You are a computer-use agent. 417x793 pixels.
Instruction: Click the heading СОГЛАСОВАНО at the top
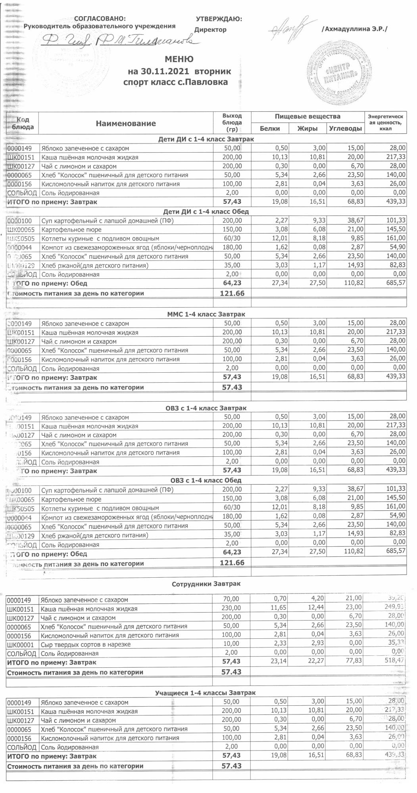[x=100, y=19]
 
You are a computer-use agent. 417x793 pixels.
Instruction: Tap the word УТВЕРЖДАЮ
[x=219, y=19]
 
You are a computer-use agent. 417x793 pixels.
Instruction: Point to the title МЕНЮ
[x=179, y=59]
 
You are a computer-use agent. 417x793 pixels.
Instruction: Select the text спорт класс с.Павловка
[x=176, y=82]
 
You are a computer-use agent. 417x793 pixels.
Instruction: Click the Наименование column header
[x=126, y=124]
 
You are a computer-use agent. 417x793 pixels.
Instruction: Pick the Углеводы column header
[x=346, y=128]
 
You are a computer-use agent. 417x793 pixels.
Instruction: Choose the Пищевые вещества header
[x=308, y=117]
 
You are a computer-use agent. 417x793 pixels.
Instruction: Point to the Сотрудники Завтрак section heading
[x=206, y=584]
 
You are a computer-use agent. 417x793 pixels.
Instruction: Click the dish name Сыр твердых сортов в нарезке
[x=86, y=644]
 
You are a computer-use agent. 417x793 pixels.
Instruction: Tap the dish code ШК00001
[x=22, y=644]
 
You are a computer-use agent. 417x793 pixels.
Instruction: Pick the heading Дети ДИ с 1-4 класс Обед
[x=206, y=211]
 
